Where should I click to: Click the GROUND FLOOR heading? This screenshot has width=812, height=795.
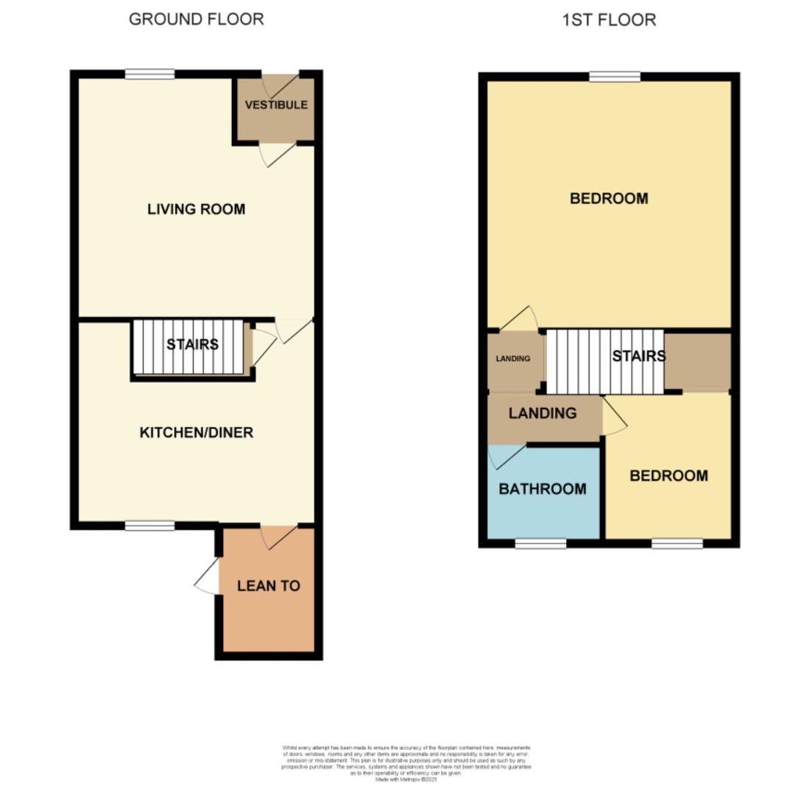[x=196, y=19]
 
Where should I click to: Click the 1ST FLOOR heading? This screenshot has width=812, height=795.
[x=609, y=20]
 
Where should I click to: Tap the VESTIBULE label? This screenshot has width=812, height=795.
[x=276, y=105]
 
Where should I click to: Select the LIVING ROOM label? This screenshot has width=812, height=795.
[x=196, y=209]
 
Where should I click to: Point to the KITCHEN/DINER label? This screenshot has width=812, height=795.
[x=196, y=432]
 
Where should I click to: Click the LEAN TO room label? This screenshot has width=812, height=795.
[x=268, y=586]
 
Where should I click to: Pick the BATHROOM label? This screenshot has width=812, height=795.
[x=543, y=489]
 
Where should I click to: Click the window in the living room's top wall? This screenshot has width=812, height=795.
[x=149, y=74]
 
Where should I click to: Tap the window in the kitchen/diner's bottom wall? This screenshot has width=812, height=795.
[x=149, y=526]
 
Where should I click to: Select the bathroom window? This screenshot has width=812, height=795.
[x=540, y=544]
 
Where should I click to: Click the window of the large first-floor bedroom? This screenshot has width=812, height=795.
[x=615, y=77]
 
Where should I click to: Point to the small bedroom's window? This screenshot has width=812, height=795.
[x=677, y=544]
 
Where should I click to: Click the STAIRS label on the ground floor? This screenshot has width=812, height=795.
[x=192, y=344]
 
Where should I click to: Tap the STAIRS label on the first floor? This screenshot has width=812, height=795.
[x=638, y=356]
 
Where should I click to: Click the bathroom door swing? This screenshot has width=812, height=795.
[x=506, y=456]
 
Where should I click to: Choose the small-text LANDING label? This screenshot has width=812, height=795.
[x=512, y=358]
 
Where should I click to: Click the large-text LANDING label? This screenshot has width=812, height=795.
[x=543, y=413]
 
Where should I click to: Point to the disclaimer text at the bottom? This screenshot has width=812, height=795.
[x=406, y=763]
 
